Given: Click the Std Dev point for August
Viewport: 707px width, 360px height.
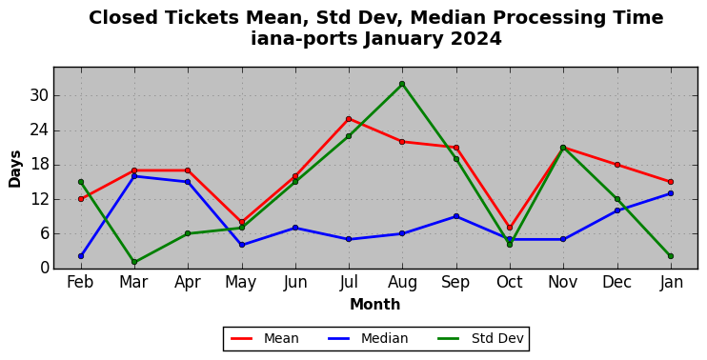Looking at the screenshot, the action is pyautogui.click(x=402, y=84).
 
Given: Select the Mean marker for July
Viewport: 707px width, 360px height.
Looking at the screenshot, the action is pyautogui.click(x=349, y=119).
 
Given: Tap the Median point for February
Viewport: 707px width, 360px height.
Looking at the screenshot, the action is pyautogui.click(x=81, y=256).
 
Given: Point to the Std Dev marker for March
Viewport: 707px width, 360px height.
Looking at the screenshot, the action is pyautogui.click(x=134, y=262).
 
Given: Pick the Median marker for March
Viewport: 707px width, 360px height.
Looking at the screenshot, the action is pyautogui.click(x=134, y=176).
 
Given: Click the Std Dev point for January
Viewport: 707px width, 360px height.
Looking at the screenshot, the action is pyautogui.click(x=671, y=256).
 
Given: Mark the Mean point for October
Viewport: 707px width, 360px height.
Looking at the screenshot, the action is pyautogui.click(x=510, y=228).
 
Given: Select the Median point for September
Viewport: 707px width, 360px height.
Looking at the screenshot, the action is pyautogui.click(x=456, y=216).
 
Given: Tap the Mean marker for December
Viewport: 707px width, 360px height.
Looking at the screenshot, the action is pyautogui.click(x=617, y=165).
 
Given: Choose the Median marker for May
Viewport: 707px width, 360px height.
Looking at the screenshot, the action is pyautogui.click(x=242, y=245).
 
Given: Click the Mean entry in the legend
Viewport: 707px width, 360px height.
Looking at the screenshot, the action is pyautogui.click(x=265, y=338).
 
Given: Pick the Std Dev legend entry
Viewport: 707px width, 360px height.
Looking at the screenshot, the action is pyautogui.click(x=480, y=338).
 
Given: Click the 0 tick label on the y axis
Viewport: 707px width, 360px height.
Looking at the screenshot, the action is pyautogui.click(x=43, y=268).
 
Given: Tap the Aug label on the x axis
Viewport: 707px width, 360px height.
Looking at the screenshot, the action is pyautogui.click(x=402, y=283).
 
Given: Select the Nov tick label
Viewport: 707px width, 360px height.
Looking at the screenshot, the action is pyautogui.click(x=563, y=283).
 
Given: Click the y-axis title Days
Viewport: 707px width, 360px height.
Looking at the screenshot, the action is pyautogui.click(x=15, y=169).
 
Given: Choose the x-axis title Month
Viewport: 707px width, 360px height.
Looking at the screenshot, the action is pyautogui.click(x=375, y=305).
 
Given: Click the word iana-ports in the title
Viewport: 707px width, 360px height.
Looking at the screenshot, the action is pyautogui.click(x=304, y=38).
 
